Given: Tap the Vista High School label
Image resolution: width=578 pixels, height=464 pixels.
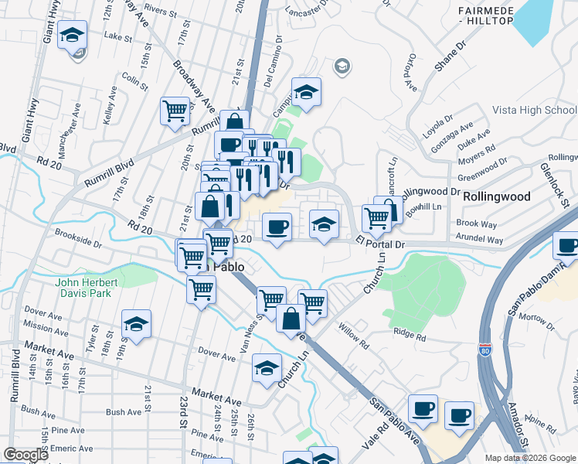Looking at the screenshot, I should [x=534, y=111].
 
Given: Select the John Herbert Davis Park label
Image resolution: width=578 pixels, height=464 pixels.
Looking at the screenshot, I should [x=83, y=288].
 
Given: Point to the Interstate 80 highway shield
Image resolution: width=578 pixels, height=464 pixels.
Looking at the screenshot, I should [x=484, y=350].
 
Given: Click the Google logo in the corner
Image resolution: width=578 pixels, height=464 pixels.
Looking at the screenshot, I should [x=25, y=455].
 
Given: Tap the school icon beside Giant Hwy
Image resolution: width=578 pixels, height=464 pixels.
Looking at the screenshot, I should [x=72, y=36].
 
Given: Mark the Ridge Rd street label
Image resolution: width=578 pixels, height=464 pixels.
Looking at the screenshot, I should [x=410, y=336].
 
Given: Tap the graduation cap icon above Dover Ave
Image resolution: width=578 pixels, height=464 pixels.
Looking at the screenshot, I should [x=136, y=325].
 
